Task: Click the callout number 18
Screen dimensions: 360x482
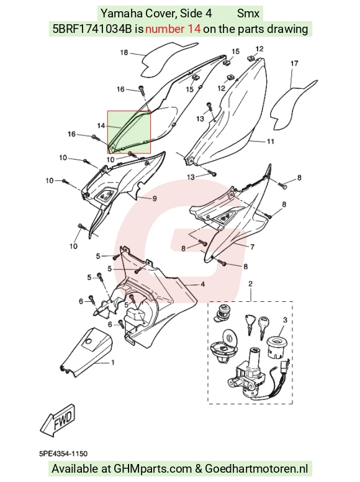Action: coord(124,53)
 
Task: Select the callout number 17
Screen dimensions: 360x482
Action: coord(294,63)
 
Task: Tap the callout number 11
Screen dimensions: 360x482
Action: coord(270,142)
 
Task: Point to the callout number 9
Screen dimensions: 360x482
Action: coord(155,199)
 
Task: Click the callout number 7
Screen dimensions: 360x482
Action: coord(252,247)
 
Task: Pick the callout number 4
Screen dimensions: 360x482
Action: coord(202,284)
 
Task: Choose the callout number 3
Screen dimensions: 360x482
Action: coord(285,320)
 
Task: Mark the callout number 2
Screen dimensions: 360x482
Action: coord(250,283)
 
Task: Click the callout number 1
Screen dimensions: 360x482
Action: coord(113,363)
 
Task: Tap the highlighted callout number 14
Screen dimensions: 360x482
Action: coord(101,125)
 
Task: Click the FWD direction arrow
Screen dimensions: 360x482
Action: coord(58,421)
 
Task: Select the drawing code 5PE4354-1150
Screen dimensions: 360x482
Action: coord(63,453)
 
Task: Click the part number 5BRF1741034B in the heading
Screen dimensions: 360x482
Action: coord(92,29)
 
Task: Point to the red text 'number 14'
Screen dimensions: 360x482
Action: coord(173,29)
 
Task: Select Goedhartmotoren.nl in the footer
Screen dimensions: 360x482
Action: coord(256,469)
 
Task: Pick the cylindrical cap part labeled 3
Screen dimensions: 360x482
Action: coord(277,348)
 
